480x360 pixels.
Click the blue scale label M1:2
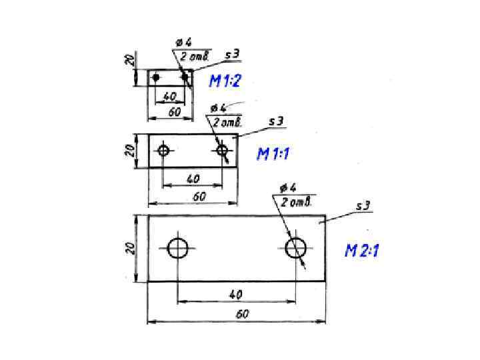[x=225, y=81]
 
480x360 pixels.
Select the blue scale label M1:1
[x=273, y=154]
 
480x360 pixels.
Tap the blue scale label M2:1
[x=362, y=251]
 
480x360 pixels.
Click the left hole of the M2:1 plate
[x=177, y=248]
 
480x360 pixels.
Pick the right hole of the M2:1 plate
[x=295, y=248]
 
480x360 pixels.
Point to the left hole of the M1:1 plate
[x=163, y=150]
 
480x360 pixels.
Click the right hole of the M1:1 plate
[x=222, y=150]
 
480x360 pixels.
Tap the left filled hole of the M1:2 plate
[x=156, y=77]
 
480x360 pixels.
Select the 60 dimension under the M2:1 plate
[x=242, y=314]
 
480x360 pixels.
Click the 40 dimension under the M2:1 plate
[x=236, y=295]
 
